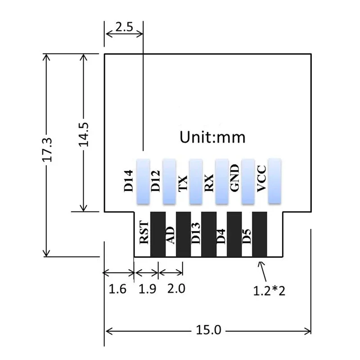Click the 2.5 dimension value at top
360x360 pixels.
pos(124,27)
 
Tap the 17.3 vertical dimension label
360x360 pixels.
pos(50,149)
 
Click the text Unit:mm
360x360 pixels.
pos(213,137)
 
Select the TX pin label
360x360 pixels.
pos(182,184)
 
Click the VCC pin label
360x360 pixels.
pos(261,180)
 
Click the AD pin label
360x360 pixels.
pos(170,235)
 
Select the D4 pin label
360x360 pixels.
pos(221,235)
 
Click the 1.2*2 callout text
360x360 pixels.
pos(270,291)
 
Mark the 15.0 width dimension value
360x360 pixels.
pos(208,330)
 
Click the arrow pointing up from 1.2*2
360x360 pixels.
pos(262,270)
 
